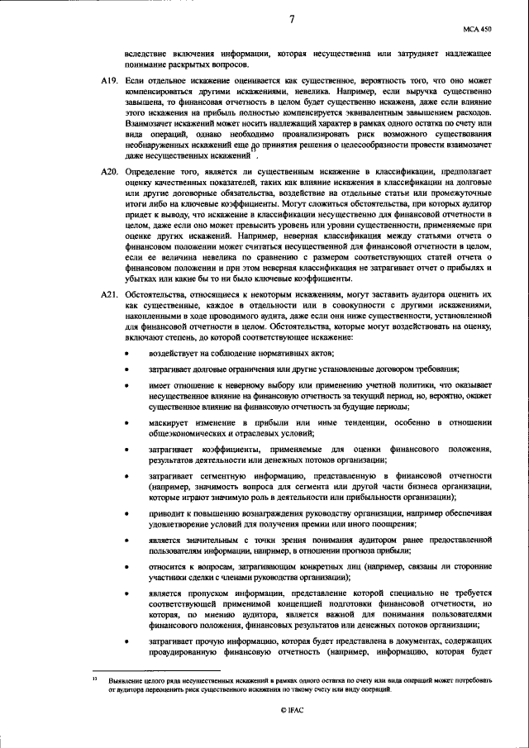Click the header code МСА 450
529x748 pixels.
tap(484, 29)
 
